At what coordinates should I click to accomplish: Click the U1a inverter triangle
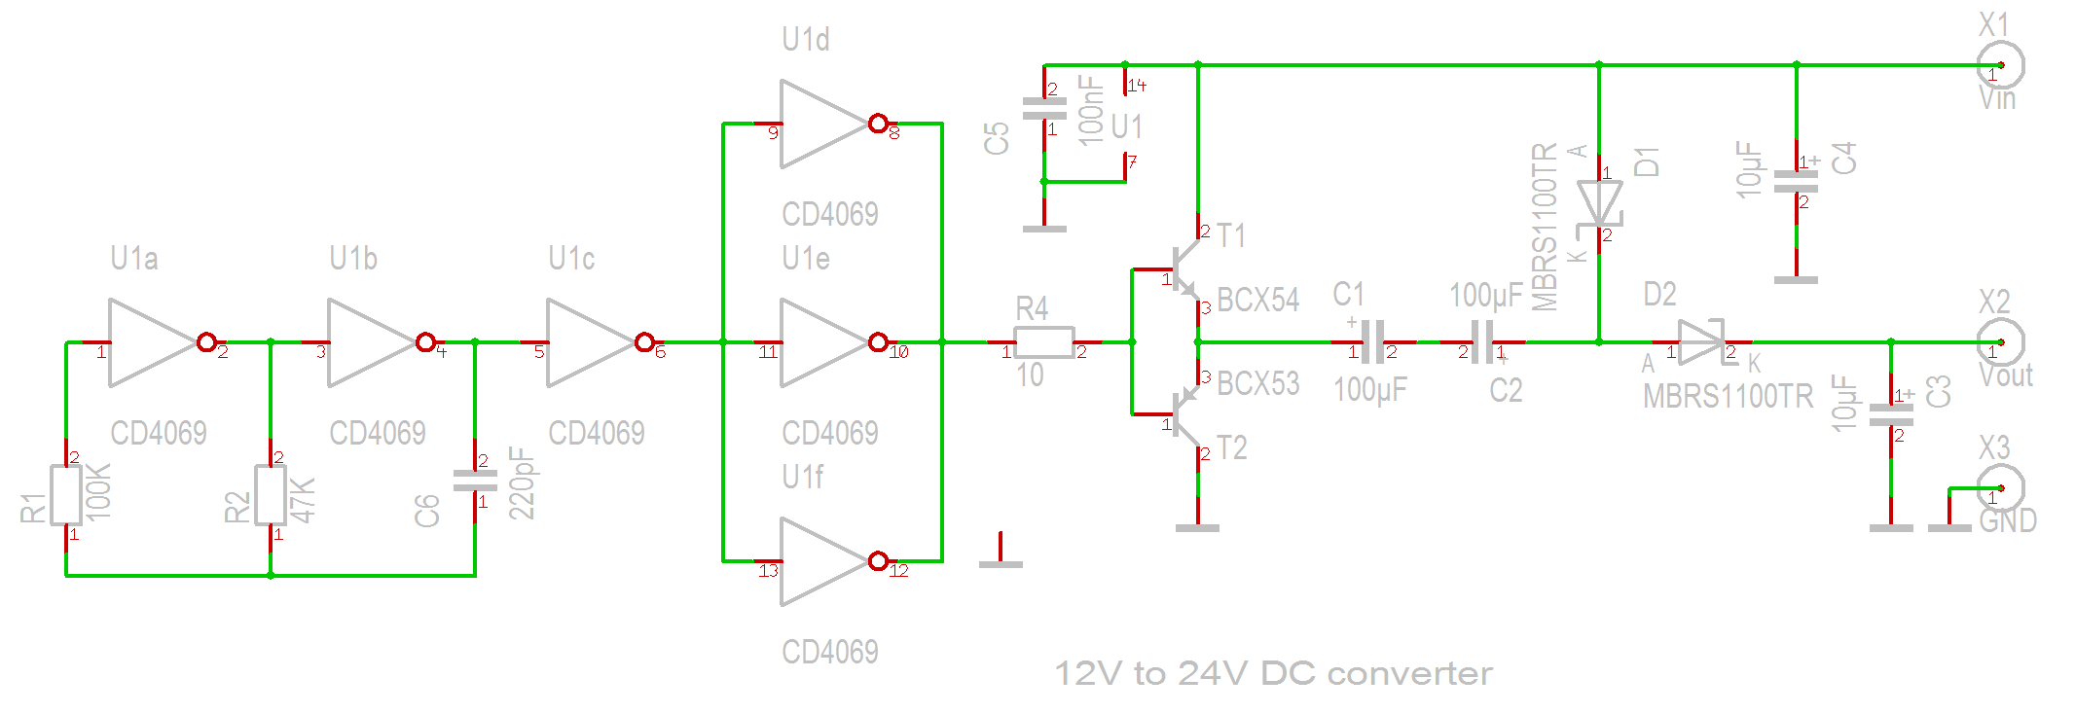148,342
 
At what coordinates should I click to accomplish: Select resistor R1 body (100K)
66,495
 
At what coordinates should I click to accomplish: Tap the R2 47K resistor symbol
271,495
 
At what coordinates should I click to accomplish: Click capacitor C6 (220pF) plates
475,481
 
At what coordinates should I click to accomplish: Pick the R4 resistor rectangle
1044,342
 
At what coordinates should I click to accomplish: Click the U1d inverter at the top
819,124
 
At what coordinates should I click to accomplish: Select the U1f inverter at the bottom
819,561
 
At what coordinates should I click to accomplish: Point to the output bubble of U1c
644,342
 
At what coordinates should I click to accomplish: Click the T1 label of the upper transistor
1231,236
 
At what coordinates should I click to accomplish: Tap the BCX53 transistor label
1257,384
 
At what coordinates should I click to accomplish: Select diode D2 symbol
1701,342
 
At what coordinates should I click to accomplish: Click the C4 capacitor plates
1797,182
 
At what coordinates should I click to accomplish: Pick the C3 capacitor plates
1891,415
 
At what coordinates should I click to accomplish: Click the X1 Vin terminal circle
2001,65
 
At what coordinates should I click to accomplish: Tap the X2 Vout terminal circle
2001,342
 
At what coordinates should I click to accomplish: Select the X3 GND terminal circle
2001,488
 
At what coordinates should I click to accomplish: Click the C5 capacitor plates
1044,109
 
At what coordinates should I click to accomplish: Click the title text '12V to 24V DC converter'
1273,673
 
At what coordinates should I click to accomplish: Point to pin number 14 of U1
1137,86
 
